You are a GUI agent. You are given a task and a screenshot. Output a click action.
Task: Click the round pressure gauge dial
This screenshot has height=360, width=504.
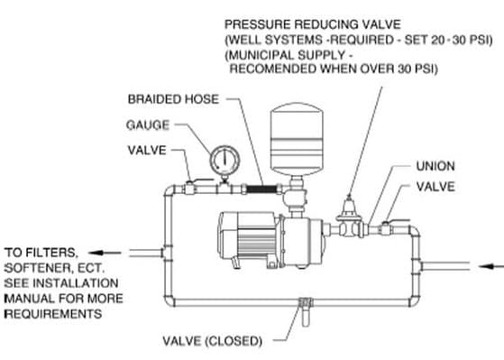click(225, 160)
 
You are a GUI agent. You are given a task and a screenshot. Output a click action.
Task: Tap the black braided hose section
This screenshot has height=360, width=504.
click(261, 189)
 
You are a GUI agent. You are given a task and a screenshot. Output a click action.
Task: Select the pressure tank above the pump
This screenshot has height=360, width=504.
click(297, 139)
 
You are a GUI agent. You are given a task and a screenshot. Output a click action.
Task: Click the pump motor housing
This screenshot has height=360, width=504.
click(247, 239)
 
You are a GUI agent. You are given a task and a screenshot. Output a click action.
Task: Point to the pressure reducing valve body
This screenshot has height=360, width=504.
click(349, 218)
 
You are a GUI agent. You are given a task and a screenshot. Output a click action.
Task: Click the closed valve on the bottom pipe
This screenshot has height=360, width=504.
click(306, 309)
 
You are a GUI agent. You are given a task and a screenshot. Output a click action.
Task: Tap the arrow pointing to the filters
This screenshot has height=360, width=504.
click(105, 253)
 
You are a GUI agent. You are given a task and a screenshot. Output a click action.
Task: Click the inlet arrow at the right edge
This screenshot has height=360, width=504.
click(491, 266)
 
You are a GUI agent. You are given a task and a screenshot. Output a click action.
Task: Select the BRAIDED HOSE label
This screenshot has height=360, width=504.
click(173, 99)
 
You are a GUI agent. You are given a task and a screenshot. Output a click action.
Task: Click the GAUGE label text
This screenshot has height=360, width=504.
click(148, 125)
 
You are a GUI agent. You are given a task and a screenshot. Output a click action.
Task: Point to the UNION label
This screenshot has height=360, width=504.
click(435, 166)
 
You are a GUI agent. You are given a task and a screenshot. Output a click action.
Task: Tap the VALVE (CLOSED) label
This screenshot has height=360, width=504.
click(212, 341)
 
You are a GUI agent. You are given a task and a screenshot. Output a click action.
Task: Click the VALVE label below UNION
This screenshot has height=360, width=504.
click(435, 187)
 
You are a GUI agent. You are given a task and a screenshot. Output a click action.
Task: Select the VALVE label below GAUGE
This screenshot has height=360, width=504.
click(147, 151)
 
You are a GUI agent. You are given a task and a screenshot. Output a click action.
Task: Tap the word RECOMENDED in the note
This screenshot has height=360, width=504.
click(274, 69)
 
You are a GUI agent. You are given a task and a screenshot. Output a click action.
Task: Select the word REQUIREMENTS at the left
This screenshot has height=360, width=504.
click(53, 314)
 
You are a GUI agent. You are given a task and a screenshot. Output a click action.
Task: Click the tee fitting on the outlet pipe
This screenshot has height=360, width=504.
click(167, 253)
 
